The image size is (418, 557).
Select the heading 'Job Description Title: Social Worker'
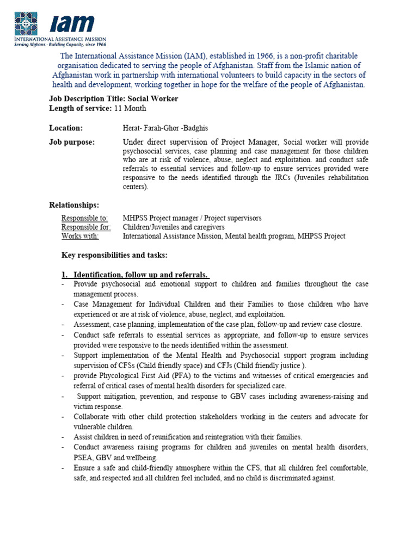tap(114, 98)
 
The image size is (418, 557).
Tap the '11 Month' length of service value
tap(131, 108)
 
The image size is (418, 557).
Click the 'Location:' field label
tap(66, 128)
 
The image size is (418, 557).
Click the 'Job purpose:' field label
tap(72, 142)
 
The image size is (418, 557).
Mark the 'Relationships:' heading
tap(74, 205)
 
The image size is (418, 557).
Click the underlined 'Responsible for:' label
tap(86, 227)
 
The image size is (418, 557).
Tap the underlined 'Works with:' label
tap(80, 236)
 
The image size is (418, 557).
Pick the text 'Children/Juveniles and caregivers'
tap(174, 227)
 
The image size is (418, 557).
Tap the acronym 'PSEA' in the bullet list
tap(84, 457)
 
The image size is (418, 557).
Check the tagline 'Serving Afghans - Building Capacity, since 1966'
tap(60, 45)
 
